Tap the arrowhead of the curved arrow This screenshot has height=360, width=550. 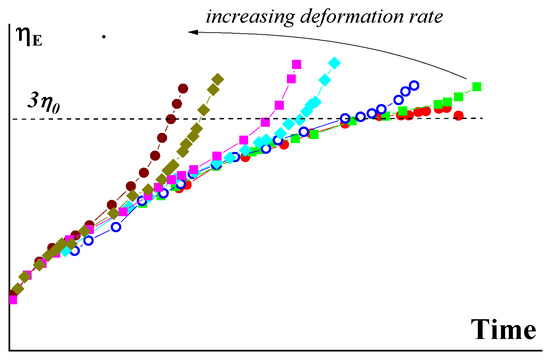189,33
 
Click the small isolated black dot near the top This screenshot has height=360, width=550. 104,37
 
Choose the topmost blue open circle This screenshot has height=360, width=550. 415,85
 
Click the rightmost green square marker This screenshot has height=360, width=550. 477,86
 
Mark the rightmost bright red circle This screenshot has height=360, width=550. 458,116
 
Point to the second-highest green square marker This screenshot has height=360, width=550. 458,96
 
